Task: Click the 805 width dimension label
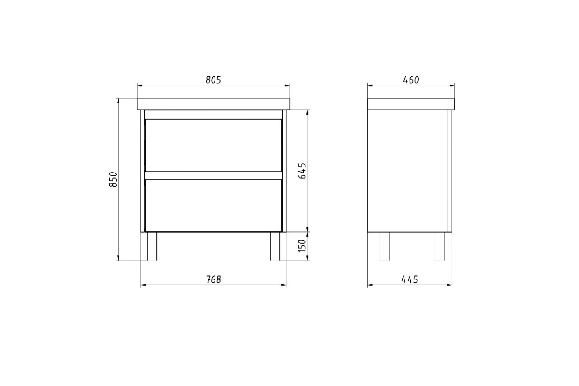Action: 213,80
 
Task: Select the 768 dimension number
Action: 214,279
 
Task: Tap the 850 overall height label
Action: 113,179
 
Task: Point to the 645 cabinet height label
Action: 302,171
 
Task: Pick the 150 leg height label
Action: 302,246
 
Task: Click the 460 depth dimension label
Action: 411,80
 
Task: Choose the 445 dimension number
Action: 410,279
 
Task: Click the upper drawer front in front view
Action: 213,145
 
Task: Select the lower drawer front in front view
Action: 213,205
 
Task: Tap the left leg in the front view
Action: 152,246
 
